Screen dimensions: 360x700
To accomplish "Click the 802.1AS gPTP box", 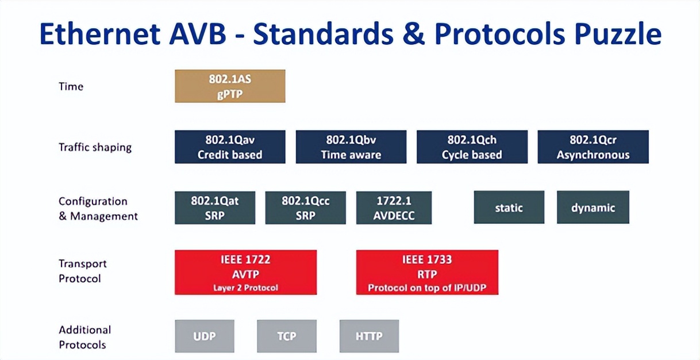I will [230, 86].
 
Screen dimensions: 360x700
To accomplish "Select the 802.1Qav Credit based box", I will [230, 147].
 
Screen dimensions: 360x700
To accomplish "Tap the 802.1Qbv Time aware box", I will [351, 147].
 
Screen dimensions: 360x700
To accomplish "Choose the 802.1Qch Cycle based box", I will [472, 147].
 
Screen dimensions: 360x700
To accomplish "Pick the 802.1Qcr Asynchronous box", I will [593, 147].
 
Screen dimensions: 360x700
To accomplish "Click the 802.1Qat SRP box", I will [214, 208].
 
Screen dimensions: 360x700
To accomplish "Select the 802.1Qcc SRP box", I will [305, 208].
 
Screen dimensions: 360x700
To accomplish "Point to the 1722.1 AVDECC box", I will [394, 208].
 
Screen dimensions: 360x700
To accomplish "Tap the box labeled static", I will [509, 208].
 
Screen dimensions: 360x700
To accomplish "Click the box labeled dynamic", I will [593, 208].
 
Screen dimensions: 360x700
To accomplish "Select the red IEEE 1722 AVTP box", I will [245, 272].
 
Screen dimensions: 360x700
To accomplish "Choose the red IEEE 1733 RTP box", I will [427, 272].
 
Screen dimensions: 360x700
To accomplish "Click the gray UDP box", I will [204, 336].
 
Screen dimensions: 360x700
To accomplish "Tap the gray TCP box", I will [286, 336].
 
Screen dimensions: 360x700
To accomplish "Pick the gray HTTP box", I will [369, 336].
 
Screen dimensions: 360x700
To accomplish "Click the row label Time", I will [71, 86].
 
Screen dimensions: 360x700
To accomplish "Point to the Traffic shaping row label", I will [95, 147].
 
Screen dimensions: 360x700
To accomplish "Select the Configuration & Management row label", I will [98, 209].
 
